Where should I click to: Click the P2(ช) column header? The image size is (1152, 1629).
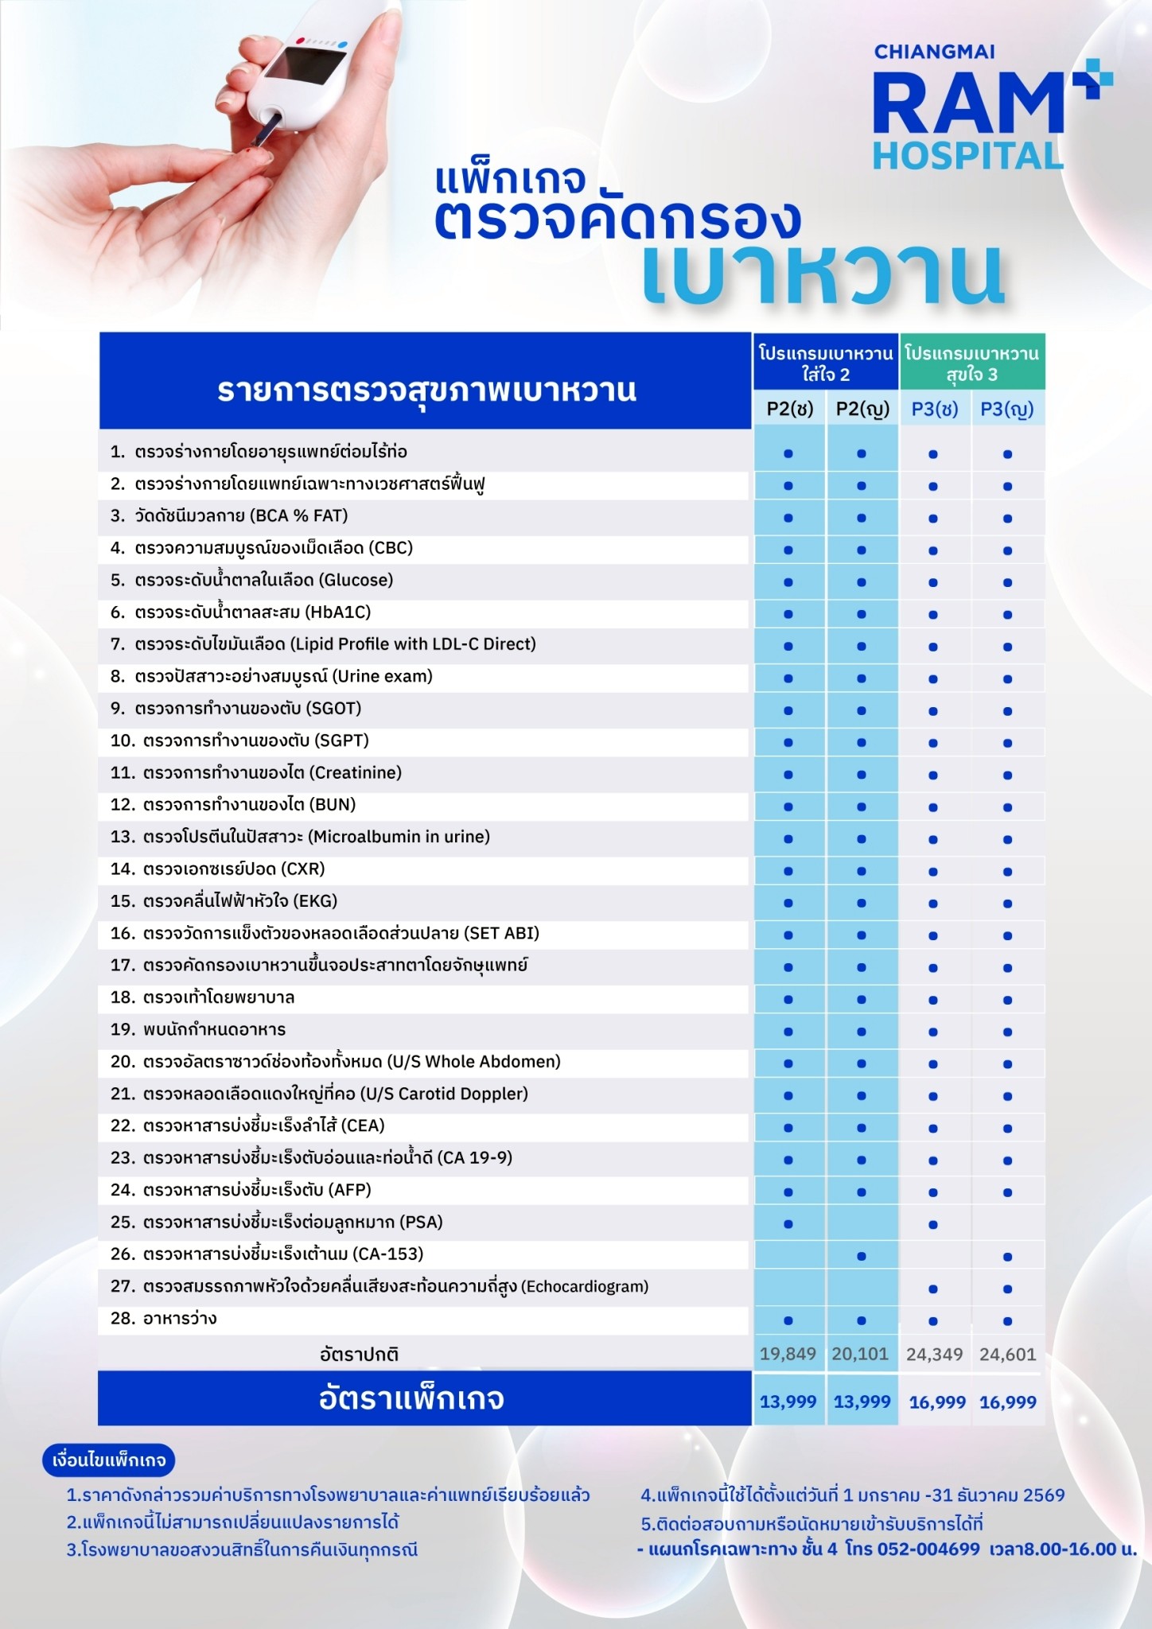coord(789,409)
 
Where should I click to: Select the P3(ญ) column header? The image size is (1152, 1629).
coord(1006,409)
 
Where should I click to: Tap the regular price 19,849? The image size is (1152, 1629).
coord(788,1354)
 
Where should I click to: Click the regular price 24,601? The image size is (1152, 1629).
coord(1007,1354)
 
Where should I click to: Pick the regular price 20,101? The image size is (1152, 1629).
coord(860,1354)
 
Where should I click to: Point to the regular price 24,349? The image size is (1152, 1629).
coord(934,1354)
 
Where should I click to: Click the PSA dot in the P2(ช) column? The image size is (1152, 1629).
coord(788,1224)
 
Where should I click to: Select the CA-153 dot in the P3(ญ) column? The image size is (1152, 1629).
coord(1007,1257)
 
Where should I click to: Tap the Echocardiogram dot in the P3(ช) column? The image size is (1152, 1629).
coord(933,1289)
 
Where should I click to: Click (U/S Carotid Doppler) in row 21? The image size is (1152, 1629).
coord(444,1094)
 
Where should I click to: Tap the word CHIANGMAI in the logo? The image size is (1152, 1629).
coord(934,52)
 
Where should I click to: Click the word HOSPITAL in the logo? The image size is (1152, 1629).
coord(967,155)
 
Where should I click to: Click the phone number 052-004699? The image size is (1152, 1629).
coord(928,1549)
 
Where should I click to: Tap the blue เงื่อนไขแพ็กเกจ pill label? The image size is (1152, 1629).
coord(109,1460)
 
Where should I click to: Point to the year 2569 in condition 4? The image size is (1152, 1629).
coord(1044,1495)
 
